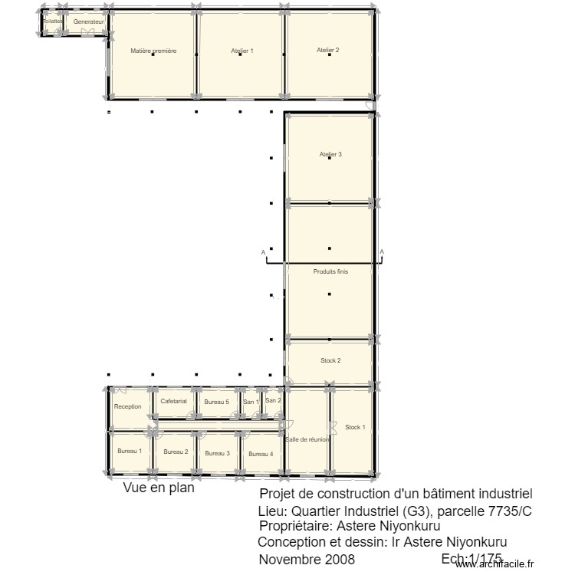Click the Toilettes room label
(52, 21)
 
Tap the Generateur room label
(88, 21)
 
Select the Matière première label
(153, 51)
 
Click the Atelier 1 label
(242, 51)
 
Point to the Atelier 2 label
(328, 50)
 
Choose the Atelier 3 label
(330, 154)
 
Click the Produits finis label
(330, 271)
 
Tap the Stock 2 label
(330, 360)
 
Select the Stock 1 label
(355, 427)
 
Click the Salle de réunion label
(307, 439)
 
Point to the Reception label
(127, 406)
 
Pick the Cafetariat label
(174, 401)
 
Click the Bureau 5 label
(217, 402)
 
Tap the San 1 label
(251, 402)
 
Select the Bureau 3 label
(217, 453)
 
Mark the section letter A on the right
(382, 251)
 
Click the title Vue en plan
(159, 487)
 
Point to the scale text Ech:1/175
(472, 560)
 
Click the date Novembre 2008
(307, 560)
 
